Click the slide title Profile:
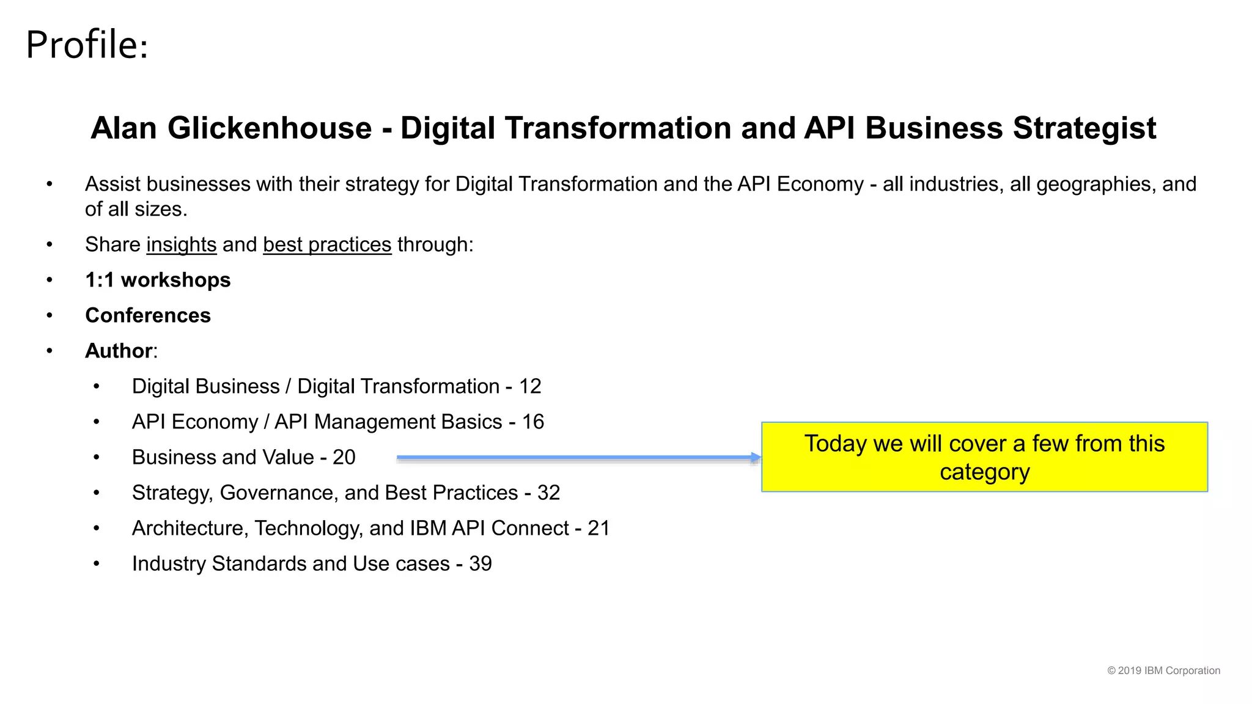(87, 45)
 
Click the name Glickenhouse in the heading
(270, 128)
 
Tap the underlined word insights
(182, 244)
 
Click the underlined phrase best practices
(327, 244)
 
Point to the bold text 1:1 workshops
(158, 280)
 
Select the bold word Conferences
(148, 315)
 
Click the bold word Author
(119, 351)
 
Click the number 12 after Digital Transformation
(530, 386)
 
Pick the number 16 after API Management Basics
(532, 422)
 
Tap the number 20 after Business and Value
(344, 457)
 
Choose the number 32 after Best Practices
(548, 493)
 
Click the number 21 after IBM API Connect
(598, 528)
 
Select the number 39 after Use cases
(481, 563)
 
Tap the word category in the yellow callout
(984, 472)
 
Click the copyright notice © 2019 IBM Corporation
(1163, 670)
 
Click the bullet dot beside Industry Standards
(97, 563)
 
